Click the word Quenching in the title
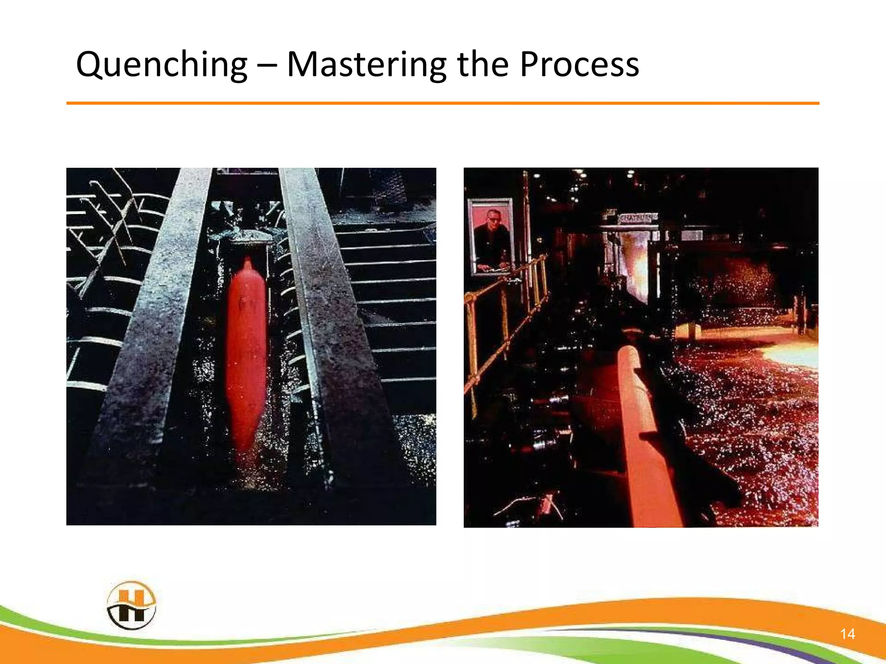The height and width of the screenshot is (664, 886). [161, 65]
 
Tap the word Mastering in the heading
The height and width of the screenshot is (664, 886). [366, 65]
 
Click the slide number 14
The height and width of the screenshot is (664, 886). [847, 634]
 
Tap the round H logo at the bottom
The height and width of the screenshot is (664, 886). [131, 605]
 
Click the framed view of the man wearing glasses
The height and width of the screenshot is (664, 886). [491, 236]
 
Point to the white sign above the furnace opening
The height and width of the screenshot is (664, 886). [638, 218]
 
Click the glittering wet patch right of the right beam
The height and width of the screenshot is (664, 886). [415, 445]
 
